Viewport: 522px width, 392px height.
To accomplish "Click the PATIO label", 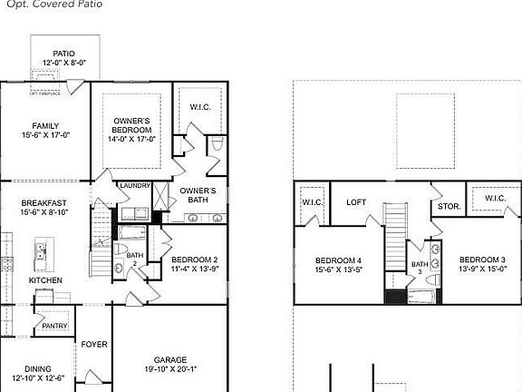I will click(63, 54).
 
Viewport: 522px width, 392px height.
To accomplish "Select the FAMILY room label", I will click(46, 125).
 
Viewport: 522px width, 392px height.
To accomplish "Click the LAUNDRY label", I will click(135, 185).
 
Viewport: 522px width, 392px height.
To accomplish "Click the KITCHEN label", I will click(45, 280).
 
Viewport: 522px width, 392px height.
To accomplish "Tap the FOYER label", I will click(94, 345).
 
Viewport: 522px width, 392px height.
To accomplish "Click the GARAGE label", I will click(169, 358).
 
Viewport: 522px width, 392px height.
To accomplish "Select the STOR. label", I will click(449, 207).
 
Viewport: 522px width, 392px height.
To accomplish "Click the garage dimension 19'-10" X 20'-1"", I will click(169, 369).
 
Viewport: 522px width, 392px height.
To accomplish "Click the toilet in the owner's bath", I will click(216, 145).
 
